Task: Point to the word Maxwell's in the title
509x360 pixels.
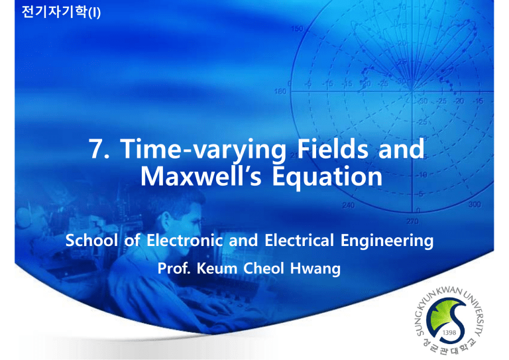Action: pos(199,178)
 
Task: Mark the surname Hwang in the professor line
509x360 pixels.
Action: pos(309,270)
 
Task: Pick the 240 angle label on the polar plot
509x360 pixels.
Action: pos(325,206)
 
